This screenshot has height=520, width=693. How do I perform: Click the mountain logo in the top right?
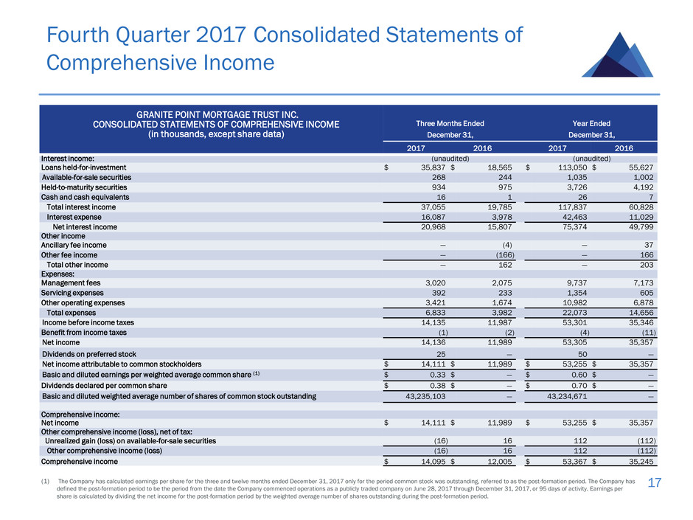[618, 55]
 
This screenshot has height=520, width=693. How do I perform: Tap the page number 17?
[654, 482]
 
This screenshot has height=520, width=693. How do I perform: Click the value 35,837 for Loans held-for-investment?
[433, 167]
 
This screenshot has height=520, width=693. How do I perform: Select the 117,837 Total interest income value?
[573, 207]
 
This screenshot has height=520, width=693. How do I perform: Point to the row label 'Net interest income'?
[85, 227]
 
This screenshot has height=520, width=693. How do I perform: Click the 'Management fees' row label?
[71, 283]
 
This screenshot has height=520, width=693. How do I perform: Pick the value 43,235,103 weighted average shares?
[425, 396]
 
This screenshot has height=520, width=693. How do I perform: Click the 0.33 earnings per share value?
[437, 375]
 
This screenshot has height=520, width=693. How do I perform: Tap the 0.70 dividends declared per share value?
[579, 386]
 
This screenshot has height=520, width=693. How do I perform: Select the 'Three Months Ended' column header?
[450, 124]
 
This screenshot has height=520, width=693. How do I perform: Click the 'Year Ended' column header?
[591, 124]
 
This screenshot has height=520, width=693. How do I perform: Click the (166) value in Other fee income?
[505, 255]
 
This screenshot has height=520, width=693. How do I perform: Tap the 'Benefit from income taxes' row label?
[84, 333]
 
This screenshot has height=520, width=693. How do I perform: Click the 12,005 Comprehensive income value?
[499, 462]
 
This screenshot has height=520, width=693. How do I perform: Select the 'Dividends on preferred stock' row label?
[88, 354]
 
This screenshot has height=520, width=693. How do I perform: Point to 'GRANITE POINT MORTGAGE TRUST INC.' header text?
[217, 114]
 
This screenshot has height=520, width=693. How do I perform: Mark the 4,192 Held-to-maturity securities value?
[643, 187]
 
